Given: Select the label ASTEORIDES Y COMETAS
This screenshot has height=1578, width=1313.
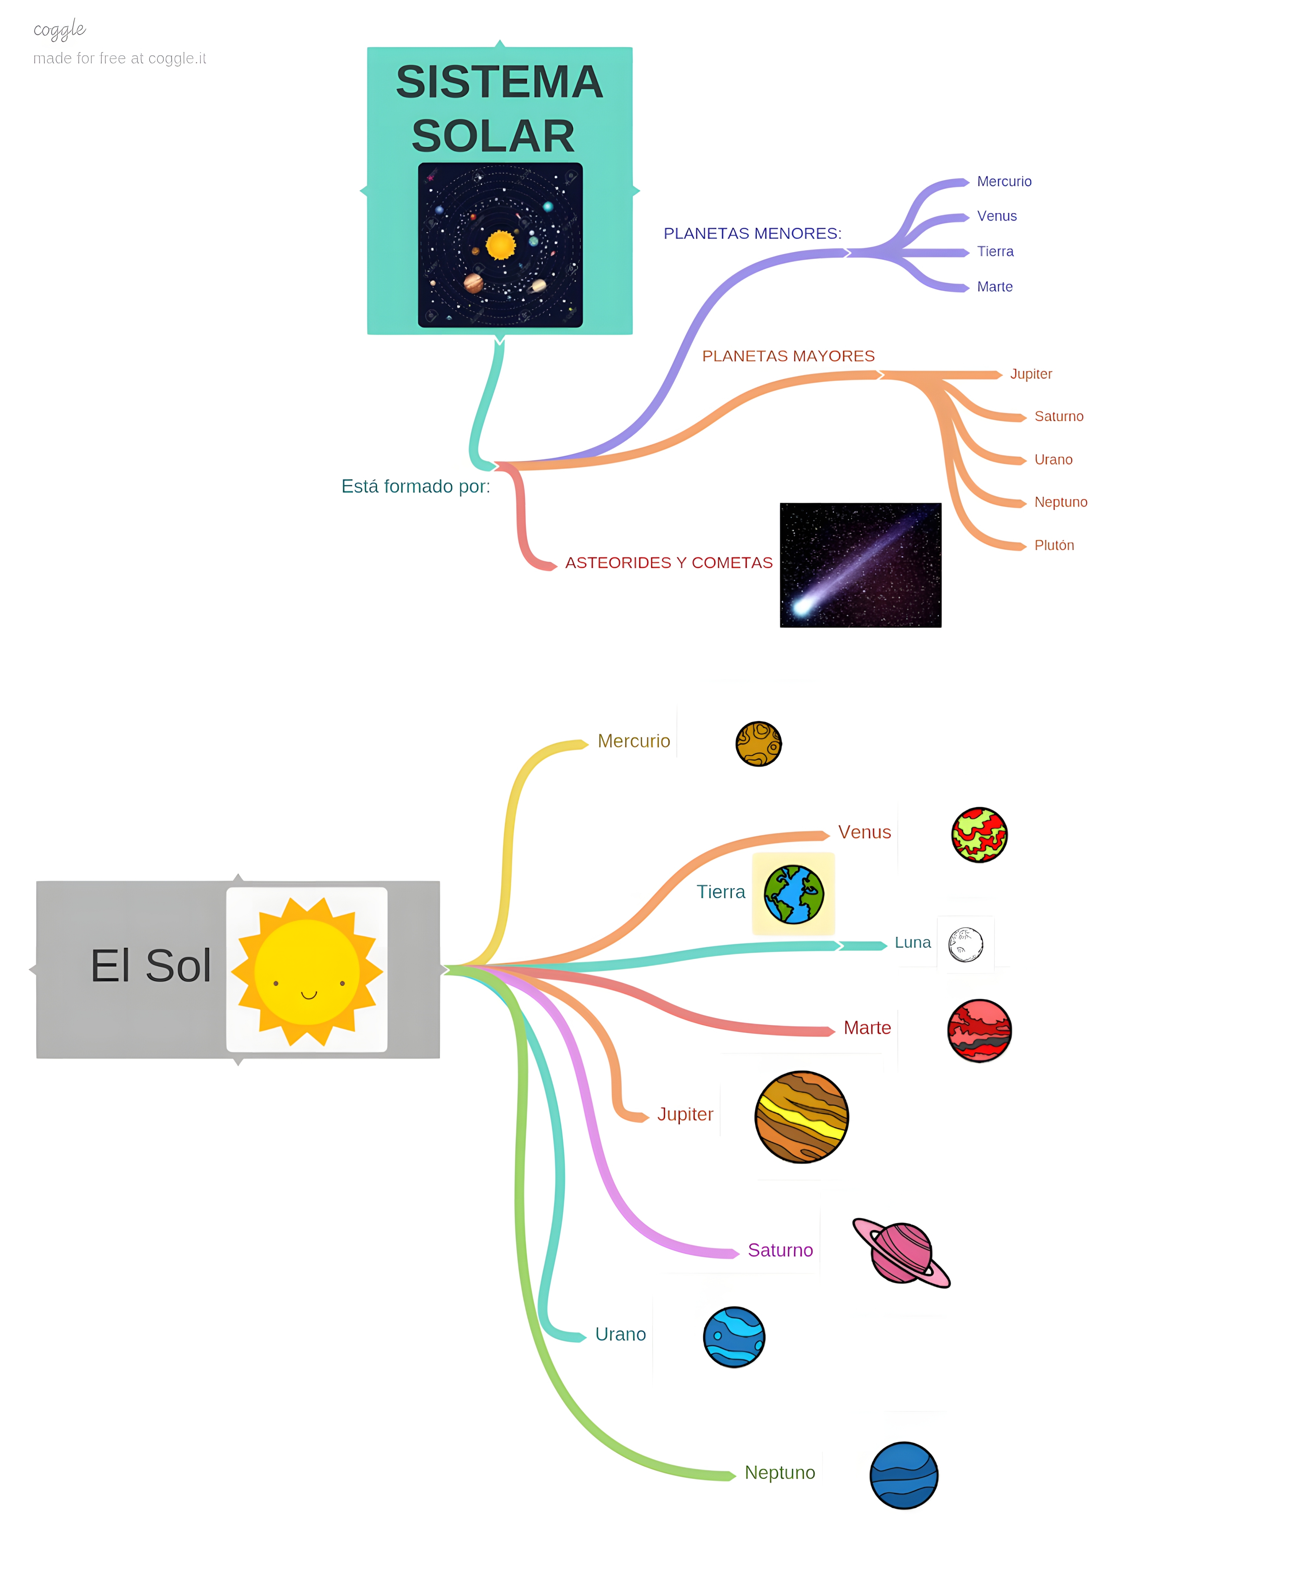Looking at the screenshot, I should coord(668,563).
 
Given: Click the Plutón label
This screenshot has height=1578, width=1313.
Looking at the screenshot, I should coord(1054,545).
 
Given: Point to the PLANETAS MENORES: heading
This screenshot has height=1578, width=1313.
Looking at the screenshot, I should coord(752,234).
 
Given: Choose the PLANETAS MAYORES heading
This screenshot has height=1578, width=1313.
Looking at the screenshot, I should coord(788,356).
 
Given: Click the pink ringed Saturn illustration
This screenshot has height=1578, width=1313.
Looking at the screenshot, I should coord(901,1253).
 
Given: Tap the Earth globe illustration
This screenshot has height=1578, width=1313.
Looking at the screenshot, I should coord(794,894).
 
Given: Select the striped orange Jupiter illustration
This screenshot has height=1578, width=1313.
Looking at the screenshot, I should coord(801,1117).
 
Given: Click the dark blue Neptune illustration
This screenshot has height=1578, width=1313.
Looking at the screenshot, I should coord(903,1475).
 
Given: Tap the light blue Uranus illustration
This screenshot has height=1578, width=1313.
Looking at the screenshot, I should coord(734,1337).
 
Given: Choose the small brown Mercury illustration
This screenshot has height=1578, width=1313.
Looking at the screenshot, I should coord(758,744).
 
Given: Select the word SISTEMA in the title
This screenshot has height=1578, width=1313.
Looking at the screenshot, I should coord(499,82).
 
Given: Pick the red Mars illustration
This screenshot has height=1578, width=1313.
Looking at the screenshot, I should coord(979,1030).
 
